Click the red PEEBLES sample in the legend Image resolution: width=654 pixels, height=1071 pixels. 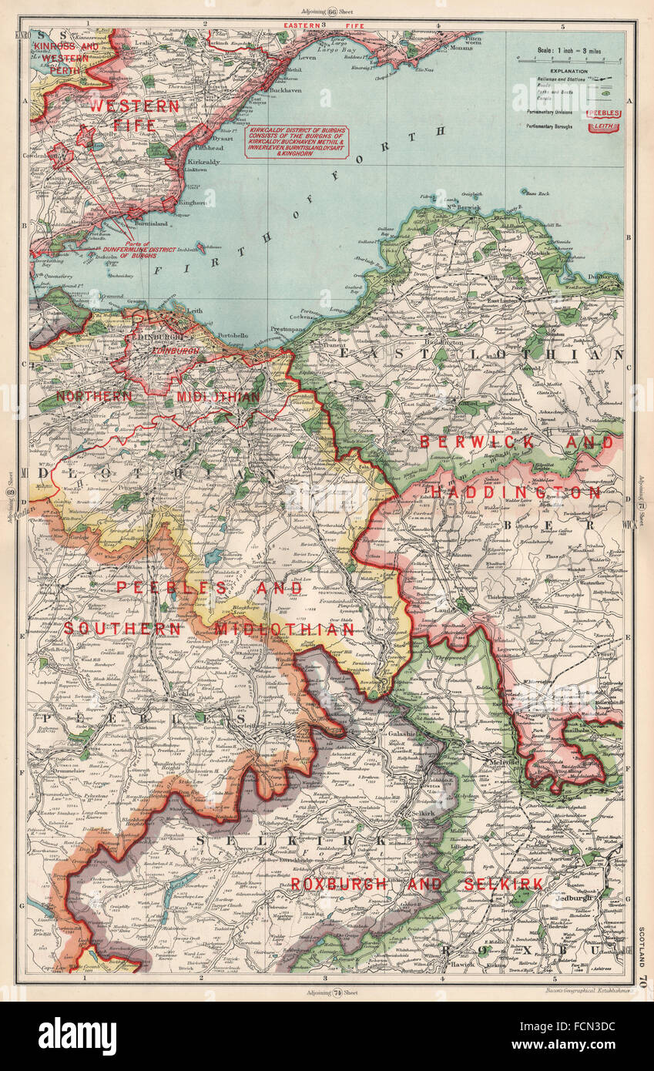coord(605,113)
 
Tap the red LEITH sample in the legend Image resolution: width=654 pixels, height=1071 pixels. coord(605,126)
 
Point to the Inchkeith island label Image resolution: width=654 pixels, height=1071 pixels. coord(189,250)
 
